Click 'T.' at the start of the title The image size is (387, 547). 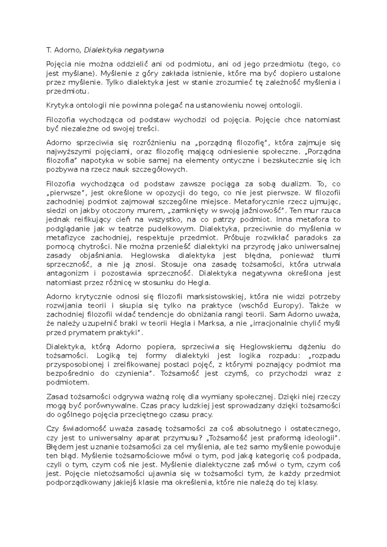tap(49, 50)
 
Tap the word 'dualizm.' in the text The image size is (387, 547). tap(296, 184)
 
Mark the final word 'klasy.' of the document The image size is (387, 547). tap(308, 483)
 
